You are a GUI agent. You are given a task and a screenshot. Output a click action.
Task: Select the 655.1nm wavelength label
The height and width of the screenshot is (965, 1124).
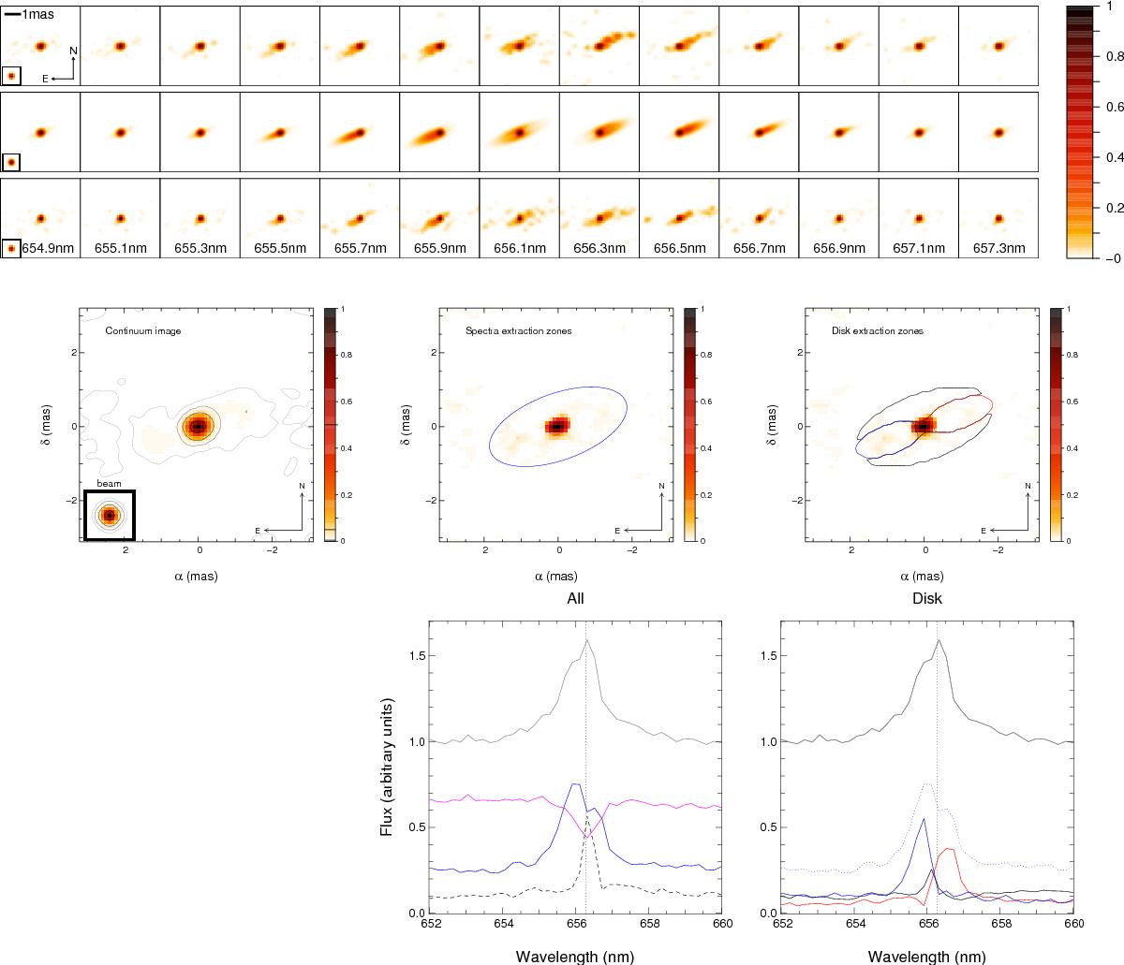120,249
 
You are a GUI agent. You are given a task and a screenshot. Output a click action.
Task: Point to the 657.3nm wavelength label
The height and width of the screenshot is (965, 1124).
998,249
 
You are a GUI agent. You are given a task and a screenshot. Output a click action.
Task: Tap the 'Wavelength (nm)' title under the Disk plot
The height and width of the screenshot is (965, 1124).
925,957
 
